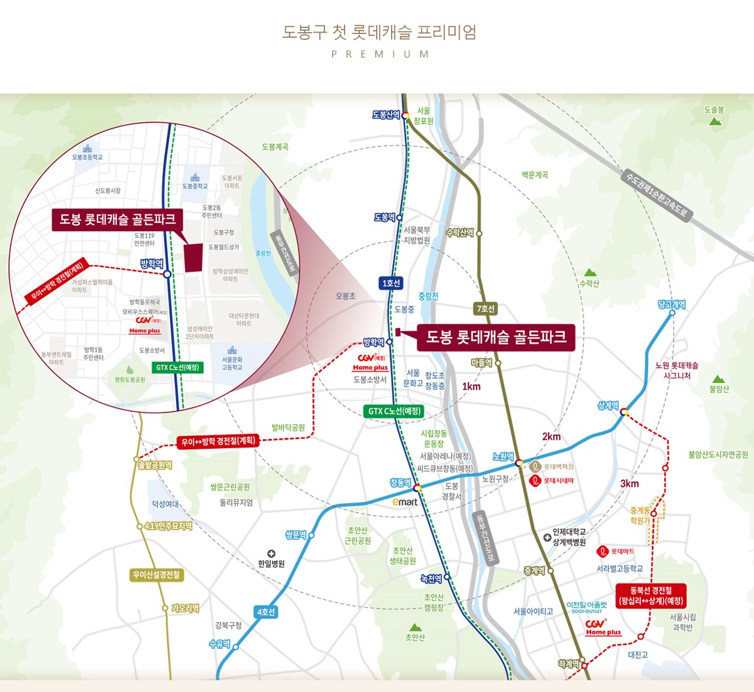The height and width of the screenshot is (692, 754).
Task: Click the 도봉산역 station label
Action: pos(386,115)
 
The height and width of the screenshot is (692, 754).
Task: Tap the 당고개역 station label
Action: pos(672,305)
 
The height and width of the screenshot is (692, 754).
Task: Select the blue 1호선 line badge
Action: pos(390,283)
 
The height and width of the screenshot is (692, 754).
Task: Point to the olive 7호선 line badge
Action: pos(485,308)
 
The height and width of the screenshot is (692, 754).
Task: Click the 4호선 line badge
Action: pos(266,612)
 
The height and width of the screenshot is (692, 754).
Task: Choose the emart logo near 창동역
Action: pos(405,502)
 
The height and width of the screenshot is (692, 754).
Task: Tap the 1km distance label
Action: pos(471,386)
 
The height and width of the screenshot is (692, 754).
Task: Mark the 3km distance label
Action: pos(629,484)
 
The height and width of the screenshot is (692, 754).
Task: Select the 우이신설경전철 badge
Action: pos(156,575)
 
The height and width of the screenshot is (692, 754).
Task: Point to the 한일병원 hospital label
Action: pos(271,563)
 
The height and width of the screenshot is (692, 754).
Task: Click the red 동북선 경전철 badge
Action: pos(651,596)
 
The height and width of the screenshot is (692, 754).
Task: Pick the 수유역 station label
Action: pos(219,644)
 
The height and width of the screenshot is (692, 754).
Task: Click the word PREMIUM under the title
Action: pos(380,54)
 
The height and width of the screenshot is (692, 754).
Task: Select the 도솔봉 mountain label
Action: pos(715,110)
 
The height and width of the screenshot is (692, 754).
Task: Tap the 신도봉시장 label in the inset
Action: pos(108,191)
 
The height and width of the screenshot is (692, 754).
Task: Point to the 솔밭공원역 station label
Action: pos(155,465)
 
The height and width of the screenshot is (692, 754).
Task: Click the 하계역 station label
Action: pos(569,664)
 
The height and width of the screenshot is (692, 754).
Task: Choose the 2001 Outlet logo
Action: pos(587,608)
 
